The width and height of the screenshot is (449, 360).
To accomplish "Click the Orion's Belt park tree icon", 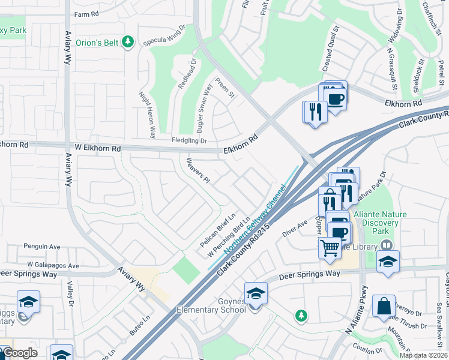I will pos(127,41).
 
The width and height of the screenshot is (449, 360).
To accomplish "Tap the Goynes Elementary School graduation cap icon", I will pos(256,293).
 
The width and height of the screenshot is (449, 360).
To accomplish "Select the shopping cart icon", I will pos(330,246).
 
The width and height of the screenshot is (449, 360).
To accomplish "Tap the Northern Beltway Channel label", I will pos(255,227).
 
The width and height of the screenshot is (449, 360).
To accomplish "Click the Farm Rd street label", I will pos(85,14).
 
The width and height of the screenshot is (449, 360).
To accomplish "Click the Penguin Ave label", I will pos(42,246).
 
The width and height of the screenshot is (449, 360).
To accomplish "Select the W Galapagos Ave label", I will pos(53,265).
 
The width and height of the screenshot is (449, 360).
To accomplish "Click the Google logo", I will pos(19,353).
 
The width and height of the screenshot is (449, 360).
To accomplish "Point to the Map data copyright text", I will pos(423,355).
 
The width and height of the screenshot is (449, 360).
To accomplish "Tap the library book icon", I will pos(387,245).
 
